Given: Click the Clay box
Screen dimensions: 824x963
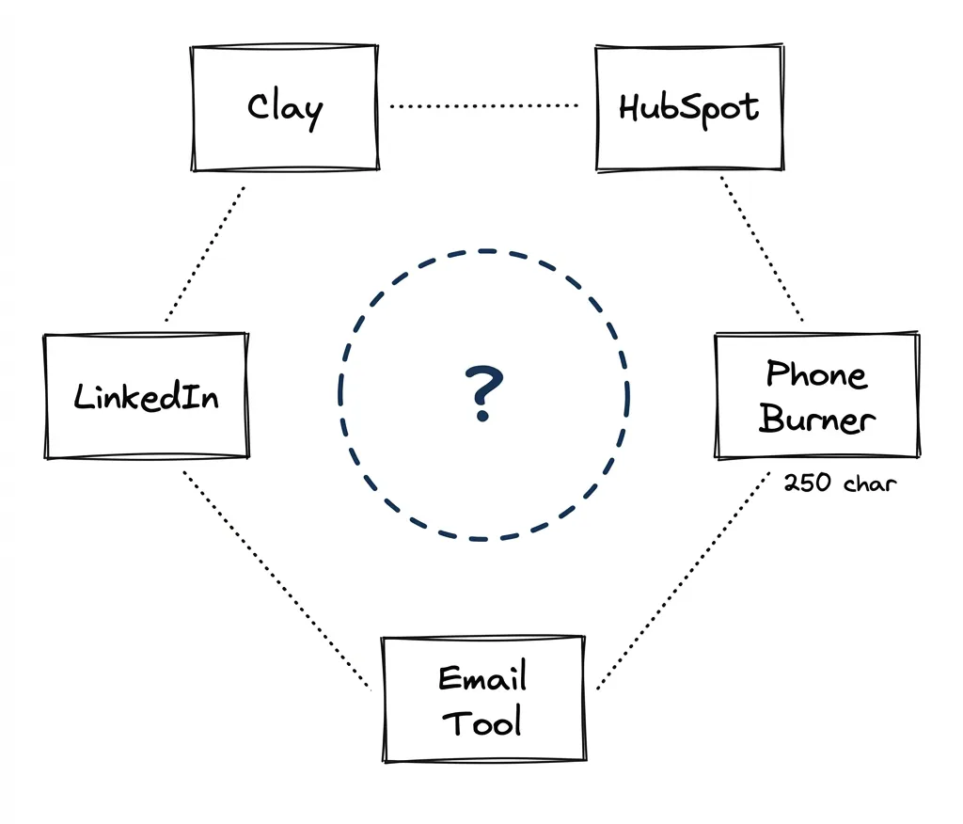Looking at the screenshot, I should [285, 108].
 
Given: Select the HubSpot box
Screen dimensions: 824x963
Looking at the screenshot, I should [689, 107].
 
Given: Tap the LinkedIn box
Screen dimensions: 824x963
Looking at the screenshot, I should [146, 395].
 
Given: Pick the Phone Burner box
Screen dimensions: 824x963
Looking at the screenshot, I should [816, 395].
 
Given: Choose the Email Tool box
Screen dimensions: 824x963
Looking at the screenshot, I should [482, 699].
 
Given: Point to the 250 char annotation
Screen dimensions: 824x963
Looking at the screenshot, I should [840, 483].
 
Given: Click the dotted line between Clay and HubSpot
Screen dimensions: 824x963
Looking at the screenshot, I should [484, 106].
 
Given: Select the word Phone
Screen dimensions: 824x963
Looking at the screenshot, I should [816, 374].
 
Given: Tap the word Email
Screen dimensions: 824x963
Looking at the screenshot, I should [482, 677].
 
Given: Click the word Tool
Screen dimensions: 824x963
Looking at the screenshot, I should [481, 722].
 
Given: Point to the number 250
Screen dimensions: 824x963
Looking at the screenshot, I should [806, 483].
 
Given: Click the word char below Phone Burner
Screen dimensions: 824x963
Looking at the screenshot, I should [870, 483].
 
